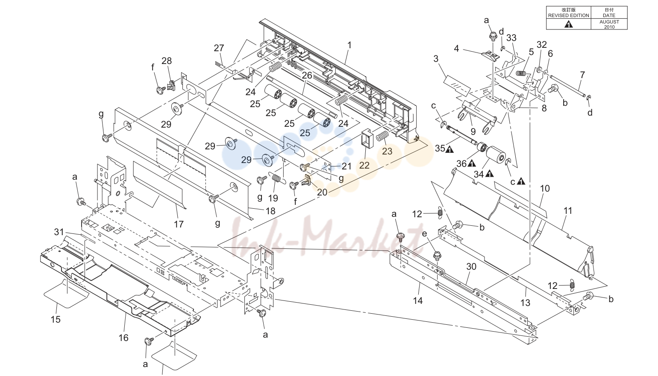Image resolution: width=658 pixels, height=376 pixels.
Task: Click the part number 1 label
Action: pyautogui.click(x=349, y=45)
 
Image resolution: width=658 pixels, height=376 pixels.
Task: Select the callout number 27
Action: pyautogui.click(x=219, y=48)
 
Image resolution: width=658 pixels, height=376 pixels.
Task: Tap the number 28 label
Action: pyautogui.click(x=167, y=61)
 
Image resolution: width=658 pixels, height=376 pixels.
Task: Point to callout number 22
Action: pyautogui.click(x=364, y=165)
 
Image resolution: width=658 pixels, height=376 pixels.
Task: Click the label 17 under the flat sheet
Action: pyautogui.click(x=179, y=224)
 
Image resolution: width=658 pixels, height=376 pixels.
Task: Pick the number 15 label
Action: pyautogui.click(x=56, y=319)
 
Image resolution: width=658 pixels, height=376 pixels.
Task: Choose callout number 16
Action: pyautogui.click(x=123, y=338)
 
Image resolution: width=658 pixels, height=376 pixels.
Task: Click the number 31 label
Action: pyautogui.click(x=59, y=232)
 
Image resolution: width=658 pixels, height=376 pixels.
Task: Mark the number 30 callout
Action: pyautogui.click(x=471, y=266)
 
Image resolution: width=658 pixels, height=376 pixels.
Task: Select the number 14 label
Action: pyautogui.click(x=418, y=300)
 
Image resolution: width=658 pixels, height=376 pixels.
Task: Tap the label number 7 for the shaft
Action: pyautogui.click(x=582, y=75)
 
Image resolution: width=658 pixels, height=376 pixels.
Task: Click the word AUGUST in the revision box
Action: pyautogui.click(x=609, y=22)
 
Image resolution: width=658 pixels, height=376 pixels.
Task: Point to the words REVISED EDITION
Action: pyautogui.click(x=569, y=15)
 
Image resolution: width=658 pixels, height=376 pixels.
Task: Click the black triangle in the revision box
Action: pyautogui.click(x=569, y=24)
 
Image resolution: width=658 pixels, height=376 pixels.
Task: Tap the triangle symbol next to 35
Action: pyautogui.click(x=449, y=150)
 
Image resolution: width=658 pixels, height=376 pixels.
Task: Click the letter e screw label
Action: pyautogui.click(x=424, y=233)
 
